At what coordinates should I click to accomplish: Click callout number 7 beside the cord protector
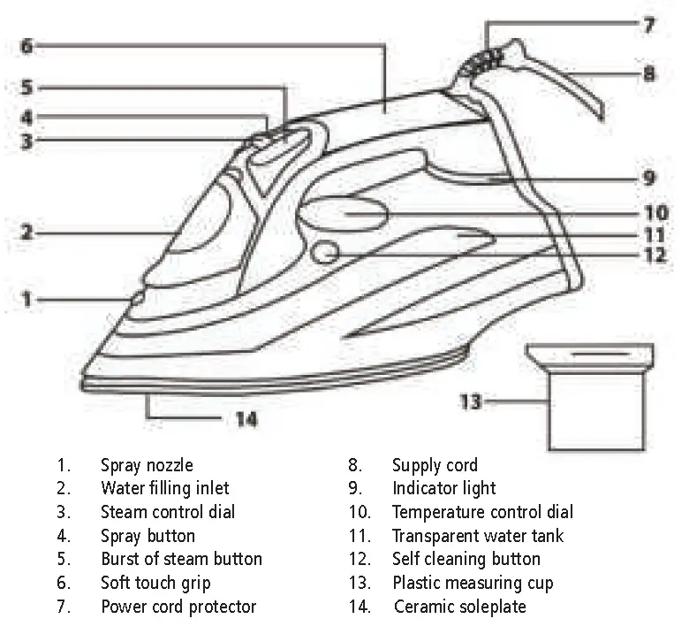(649, 26)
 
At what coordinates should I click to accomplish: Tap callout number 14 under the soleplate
(247, 419)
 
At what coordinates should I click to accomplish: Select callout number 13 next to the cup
(472, 402)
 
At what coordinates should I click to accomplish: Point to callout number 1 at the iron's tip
(27, 301)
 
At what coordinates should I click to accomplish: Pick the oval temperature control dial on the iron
(345, 212)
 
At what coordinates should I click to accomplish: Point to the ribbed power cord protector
(484, 61)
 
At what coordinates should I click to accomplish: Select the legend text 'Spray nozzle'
(147, 465)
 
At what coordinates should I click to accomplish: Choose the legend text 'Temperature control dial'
(482, 512)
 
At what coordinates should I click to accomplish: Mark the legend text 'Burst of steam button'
(181, 559)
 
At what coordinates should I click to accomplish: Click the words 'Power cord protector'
(178, 607)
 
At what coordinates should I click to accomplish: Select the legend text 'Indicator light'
(444, 488)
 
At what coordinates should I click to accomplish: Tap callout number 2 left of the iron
(27, 233)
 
